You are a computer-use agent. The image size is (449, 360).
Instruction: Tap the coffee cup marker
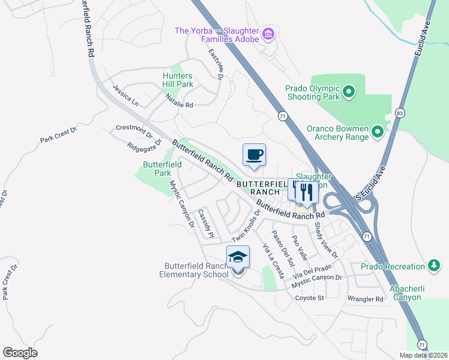pos(254,155)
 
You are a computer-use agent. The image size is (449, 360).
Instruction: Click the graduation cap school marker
pos(238,257)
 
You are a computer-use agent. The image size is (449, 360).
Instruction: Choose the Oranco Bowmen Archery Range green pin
pos(377,131)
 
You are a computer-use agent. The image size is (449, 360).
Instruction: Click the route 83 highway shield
pos(400,112)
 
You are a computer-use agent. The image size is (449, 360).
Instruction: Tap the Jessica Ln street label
pos(125,95)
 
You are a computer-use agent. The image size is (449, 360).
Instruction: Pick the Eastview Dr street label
pos(215,64)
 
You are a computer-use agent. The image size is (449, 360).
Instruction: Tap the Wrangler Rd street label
pos(365,299)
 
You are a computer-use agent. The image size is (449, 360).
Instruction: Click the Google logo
pos(20,352)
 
